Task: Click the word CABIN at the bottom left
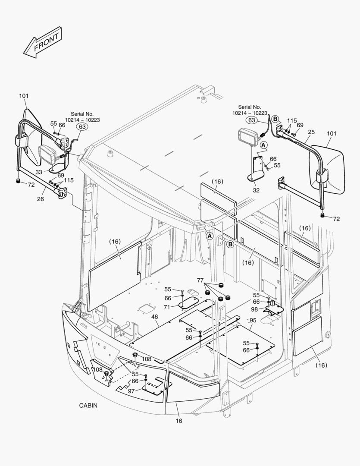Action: pos(88,406)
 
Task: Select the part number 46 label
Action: pos(154,317)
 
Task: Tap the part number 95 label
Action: pos(253,321)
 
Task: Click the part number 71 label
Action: pos(167,307)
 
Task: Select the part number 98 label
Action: pos(254,310)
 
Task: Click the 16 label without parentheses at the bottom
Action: pos(179,421)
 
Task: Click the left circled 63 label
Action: pos(82,126)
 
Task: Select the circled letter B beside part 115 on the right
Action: pos(275,119)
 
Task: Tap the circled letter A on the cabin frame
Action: pos(210,236)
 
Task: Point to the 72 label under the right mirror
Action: pos(336,219)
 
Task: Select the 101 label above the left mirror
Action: pos(24,96)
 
